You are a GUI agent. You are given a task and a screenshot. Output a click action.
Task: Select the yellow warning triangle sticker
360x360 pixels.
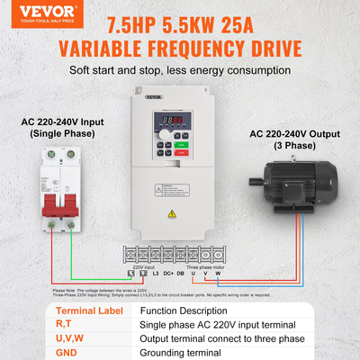pyautogui.click(x=173, y=213)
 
